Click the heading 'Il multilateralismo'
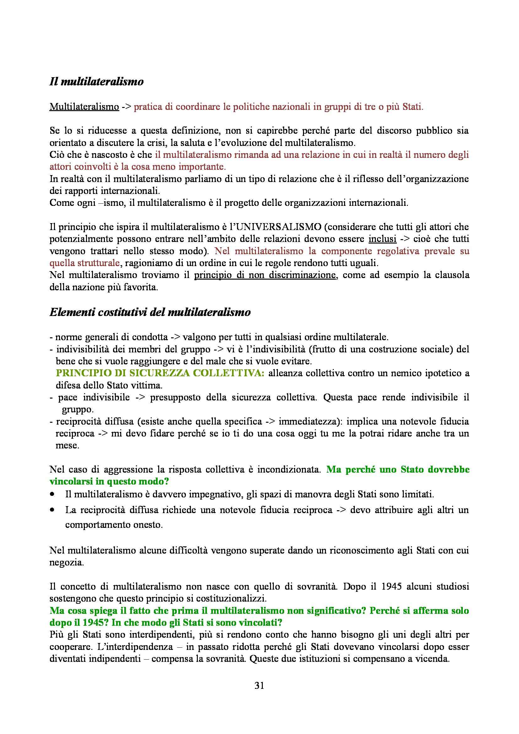96,82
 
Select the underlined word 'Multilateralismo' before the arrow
84,107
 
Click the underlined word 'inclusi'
382,239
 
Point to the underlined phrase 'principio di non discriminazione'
265,275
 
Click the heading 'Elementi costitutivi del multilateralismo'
150,312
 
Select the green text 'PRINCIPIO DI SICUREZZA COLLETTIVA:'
160,373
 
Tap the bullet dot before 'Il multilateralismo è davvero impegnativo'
52,494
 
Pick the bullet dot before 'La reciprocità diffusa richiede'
52,510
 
